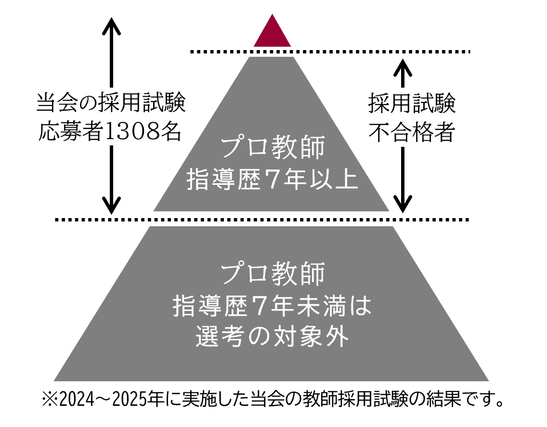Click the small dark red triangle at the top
[x=272, y=33]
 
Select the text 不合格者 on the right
[x=412, y=132]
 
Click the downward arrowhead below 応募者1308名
[x=111, y=205]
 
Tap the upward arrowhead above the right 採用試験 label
[x=403, y=68]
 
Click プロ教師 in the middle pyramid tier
[x=273, y=147]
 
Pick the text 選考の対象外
[x=272, y=336]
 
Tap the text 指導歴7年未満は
[x=272, y=306]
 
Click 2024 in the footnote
[x=77, y=400]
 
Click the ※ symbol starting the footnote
[x=50, y=400]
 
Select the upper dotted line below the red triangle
[x=330, y=52]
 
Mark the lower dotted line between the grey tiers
[x=262, y=220]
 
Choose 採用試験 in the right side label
[x=412, y=103]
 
